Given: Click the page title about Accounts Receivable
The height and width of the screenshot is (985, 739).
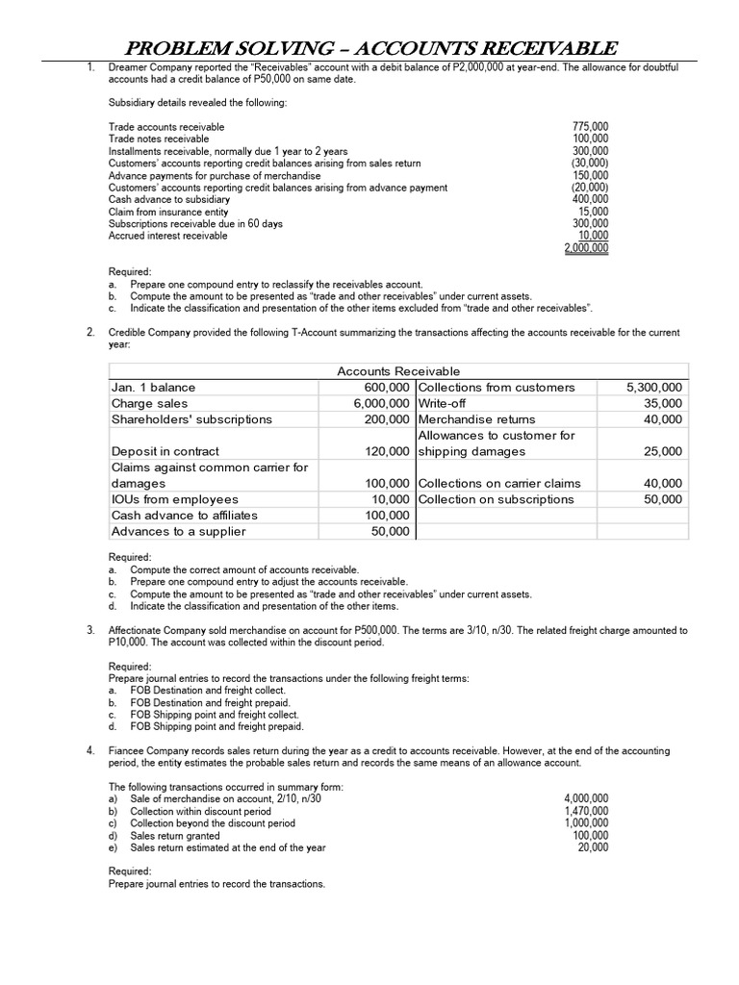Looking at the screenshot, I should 369,48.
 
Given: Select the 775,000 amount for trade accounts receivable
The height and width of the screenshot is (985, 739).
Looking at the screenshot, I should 590,127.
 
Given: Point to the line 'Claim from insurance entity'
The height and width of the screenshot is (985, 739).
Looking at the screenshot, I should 168,212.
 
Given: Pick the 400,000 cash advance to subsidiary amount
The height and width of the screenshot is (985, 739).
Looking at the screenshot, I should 590,200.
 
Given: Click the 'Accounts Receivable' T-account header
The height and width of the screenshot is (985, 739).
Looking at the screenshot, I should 398,371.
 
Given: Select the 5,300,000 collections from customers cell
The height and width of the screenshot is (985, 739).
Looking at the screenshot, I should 653,388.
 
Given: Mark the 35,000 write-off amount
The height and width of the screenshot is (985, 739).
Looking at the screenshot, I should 663,404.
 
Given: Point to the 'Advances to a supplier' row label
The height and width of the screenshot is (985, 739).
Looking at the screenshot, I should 179,532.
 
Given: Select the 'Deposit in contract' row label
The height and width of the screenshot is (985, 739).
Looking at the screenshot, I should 166,452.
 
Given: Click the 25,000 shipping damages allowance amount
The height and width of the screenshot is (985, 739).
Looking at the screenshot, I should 663,452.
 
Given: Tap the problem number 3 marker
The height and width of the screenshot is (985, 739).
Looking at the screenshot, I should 89,631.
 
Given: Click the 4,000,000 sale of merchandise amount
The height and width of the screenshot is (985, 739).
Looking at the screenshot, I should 585,798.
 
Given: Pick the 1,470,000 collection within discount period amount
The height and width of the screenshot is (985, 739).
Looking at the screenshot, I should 585,811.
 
